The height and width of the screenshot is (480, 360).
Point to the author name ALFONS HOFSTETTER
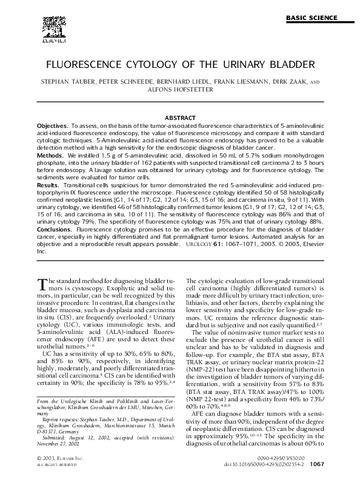(x=179, y=89)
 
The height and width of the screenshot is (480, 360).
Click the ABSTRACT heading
(x=179, y=117)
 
